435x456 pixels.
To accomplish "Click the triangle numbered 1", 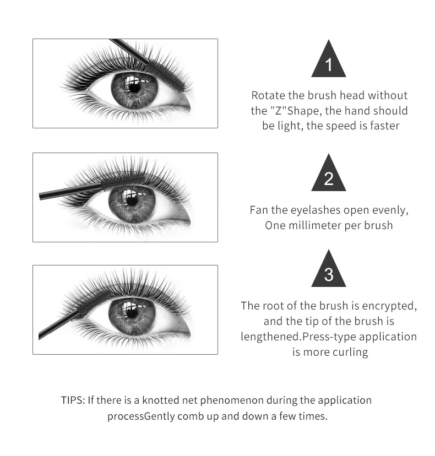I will pyautogui.click(x=329, y=62).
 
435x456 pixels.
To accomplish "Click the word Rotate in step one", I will pyautogui.click(x=269, y=95).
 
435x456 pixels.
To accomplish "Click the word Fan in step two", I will pyautogui.click(x=259, y=210).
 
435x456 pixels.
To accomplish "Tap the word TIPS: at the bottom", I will pyautogui.click(x=73, y=400).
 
